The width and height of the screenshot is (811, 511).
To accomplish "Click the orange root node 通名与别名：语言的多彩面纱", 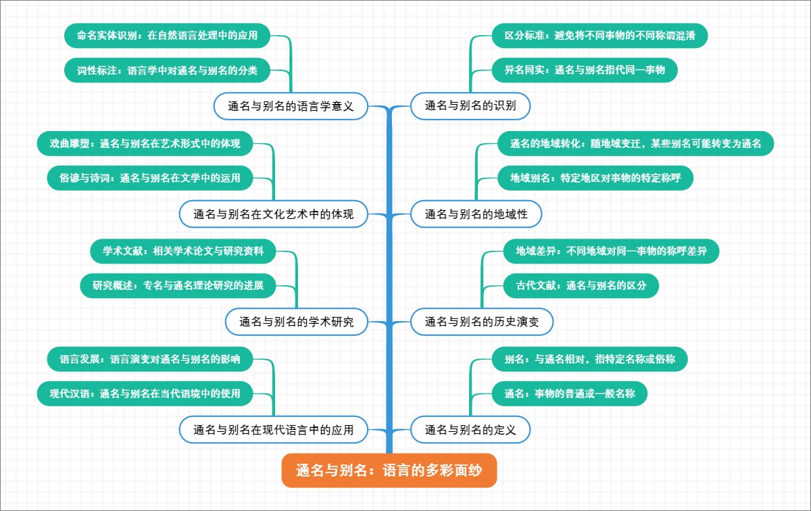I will click(x=389, y=470).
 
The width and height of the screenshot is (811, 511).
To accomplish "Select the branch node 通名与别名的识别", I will click(x=470, y=105).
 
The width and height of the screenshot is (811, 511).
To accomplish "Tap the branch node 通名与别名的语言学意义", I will click(x=291, y=105).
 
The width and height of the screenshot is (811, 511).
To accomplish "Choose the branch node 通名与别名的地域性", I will click(x=476, y=214).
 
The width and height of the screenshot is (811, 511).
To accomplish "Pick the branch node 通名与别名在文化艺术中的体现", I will click(x=274, y=214).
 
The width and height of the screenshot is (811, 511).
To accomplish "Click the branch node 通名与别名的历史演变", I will click(x=482, y=322).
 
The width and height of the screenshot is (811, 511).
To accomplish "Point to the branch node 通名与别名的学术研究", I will click(x=297, y=322).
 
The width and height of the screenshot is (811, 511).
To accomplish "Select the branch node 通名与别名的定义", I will click(x=470, y=429).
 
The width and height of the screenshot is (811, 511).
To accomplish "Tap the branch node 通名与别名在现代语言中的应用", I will click(x=274, y=429).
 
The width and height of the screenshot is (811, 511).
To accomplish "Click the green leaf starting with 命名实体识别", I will click(x=168, y=36).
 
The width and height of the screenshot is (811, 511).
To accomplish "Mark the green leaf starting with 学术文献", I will click(x=183, y=251).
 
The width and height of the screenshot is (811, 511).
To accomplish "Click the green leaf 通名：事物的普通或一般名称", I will click(x=570, y=393).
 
